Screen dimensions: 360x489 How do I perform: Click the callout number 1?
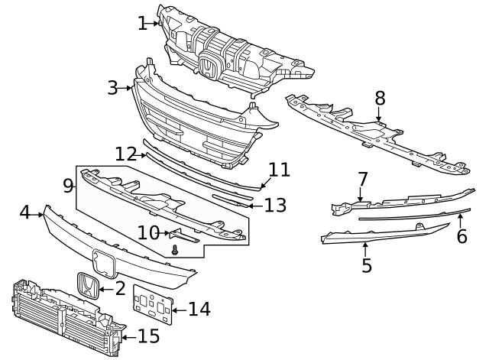click(142, 24)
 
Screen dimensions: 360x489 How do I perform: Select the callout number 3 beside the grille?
click(113, 88)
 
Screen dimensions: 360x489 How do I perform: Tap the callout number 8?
click(380, 98)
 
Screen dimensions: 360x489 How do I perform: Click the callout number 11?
click(280, 169)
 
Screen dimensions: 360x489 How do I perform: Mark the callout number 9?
click(68, 185)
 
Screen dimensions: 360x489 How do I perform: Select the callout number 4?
click(24, 212)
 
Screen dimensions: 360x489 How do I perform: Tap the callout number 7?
click(363, 180)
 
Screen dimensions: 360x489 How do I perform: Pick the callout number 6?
click(461, 236)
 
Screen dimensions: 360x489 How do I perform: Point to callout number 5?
click(367, 265)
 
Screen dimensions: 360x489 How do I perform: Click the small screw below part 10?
click(176, 249)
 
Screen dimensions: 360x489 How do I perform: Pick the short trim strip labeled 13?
click(231, 200)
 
